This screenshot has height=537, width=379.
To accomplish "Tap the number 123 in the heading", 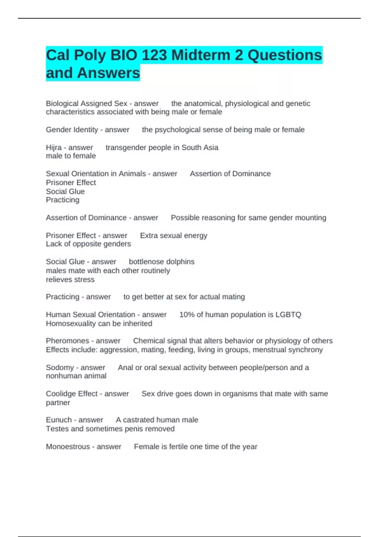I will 155,55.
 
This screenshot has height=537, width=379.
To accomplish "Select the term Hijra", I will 54,148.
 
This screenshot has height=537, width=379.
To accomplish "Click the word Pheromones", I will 67,341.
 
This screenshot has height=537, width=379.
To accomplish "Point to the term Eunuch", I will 59,420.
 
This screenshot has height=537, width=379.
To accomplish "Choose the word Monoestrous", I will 68,447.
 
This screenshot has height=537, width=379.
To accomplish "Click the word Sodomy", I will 60,368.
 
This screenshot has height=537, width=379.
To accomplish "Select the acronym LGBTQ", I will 288,315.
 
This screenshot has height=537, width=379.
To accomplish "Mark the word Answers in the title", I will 108,73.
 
